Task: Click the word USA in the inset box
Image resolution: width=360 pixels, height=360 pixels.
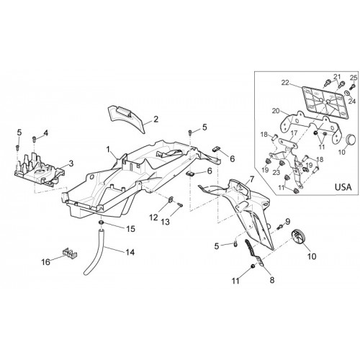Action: click(x=343, y=186)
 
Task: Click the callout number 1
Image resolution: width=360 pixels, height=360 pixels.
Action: click(x=109, y=150)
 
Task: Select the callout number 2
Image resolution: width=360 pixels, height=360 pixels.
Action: click(x=156, y=119)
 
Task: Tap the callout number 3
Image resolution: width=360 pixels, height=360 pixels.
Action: click(x=71, y=163)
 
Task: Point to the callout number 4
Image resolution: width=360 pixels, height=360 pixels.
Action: click(x=45, y=132)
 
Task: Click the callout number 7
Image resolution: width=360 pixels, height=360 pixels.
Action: click(x=251, y=179)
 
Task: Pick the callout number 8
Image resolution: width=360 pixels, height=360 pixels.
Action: click(x=272, y=280)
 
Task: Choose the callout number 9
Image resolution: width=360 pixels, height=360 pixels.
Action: click(x=287, y=221)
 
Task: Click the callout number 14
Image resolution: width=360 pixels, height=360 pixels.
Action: click(x=130, y=252)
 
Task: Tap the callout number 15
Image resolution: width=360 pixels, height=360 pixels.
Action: click(x=131, y=229)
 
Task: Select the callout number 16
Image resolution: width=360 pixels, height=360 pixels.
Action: click(x=46, y=262)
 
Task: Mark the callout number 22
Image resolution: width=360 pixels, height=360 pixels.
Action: click(x=285, y=83)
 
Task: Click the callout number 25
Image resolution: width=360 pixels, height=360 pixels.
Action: click(x=354, y=78)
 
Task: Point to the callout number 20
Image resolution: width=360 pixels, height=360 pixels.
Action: click(x=276, y=111)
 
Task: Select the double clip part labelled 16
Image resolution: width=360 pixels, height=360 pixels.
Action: click(x=69, y=253)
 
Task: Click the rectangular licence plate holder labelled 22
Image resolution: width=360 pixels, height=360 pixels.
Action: click(x=325, y=102)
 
